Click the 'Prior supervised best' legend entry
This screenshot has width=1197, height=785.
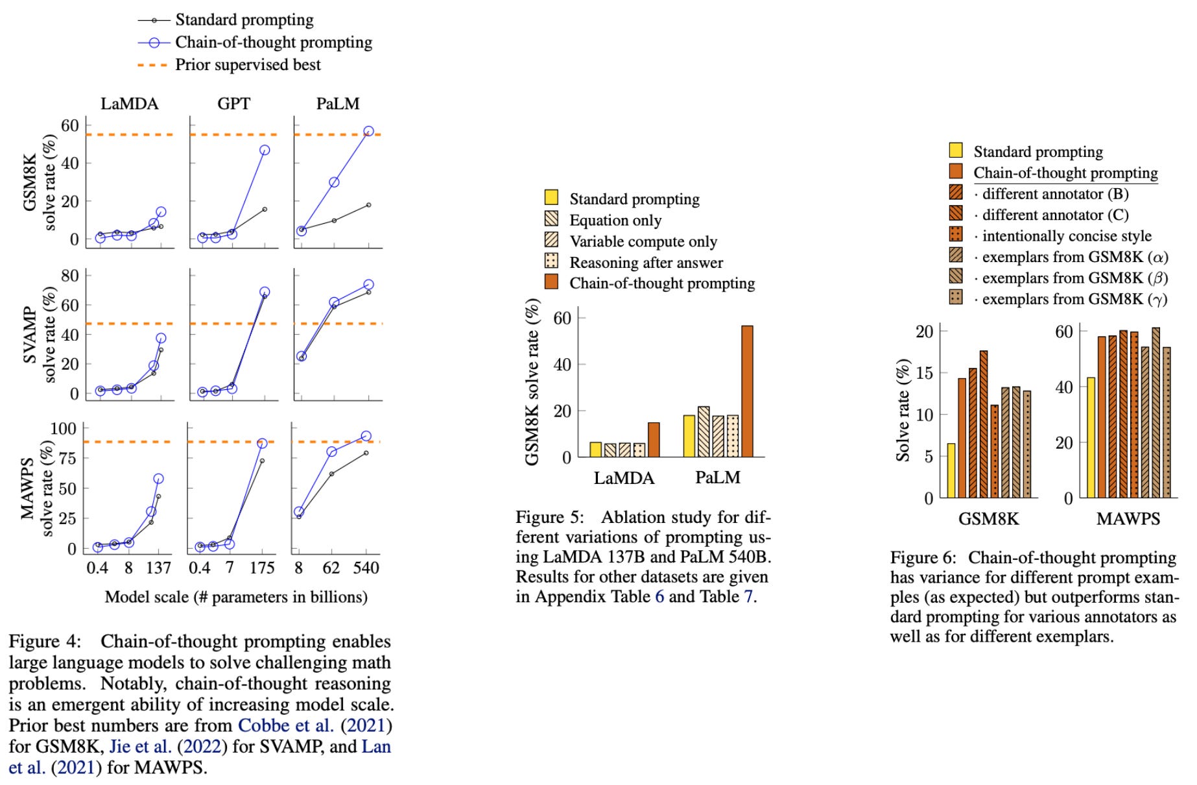pos(248,65)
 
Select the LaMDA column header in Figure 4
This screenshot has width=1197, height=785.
pos(129,104)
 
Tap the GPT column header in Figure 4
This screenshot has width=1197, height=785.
pos(233,104)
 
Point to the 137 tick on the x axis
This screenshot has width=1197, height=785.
pos(158,568)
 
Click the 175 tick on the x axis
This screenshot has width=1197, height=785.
pos(262,568)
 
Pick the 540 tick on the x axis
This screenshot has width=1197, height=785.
pos(366,568)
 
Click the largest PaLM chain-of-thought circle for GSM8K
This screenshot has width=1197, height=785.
pos(368,132)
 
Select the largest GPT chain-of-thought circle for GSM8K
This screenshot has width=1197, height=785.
pos(265,150)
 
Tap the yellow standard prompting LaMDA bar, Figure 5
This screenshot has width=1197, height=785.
pos(595,450)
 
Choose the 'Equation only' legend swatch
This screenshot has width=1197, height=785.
pos(551,219)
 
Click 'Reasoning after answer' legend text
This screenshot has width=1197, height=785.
pos(646,262)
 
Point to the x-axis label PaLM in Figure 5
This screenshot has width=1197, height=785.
pos(717,478)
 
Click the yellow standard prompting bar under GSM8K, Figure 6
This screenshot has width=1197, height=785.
pos(951,470)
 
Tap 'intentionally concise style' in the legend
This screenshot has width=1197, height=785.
pos(1067,236)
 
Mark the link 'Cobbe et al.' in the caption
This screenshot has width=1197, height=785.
pos(286,725)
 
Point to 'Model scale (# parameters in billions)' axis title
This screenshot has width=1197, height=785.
pos(236,597)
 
